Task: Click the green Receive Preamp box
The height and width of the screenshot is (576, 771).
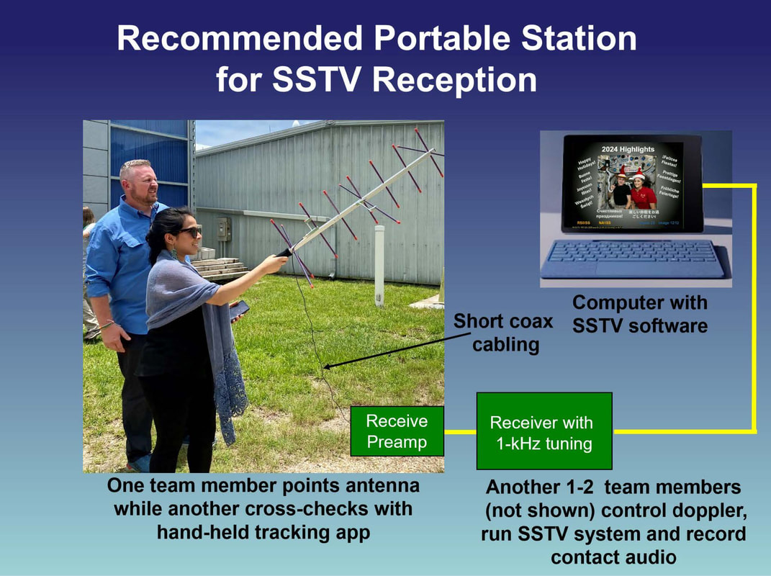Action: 397,431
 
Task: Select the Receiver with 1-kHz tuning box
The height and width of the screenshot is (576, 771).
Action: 544,432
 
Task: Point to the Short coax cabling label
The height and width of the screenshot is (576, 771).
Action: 502,333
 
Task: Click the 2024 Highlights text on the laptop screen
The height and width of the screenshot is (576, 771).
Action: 628,149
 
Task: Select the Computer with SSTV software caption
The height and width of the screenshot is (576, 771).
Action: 639,314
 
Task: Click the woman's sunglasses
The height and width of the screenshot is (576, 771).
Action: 191,230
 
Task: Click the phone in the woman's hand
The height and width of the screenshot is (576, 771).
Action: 239,309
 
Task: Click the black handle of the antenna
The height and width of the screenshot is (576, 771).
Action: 283,253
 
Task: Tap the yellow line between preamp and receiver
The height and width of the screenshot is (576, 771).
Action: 460,432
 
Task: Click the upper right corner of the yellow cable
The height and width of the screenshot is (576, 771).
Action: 753,186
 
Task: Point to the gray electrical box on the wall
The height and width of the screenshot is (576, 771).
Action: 224,228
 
